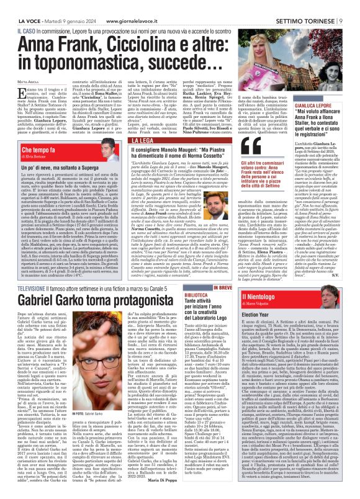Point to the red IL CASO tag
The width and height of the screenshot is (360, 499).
[x=27, y=13]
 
